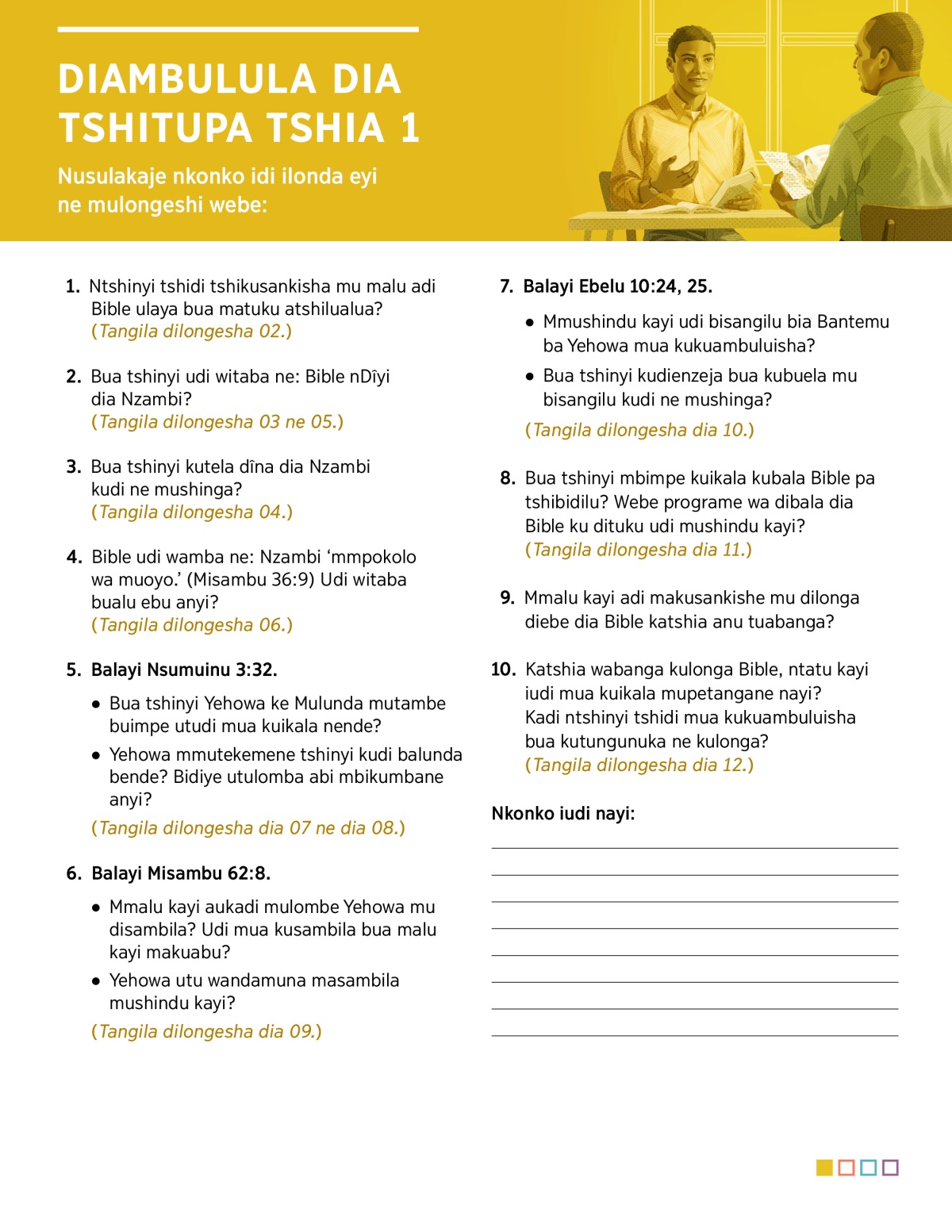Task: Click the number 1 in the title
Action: (x=409, y=129)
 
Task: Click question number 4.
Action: (x=74, y=557)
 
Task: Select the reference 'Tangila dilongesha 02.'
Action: (x=191, y=332)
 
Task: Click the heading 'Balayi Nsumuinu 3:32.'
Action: (x=184, y=670)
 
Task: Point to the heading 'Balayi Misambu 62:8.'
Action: (x=181, y=873)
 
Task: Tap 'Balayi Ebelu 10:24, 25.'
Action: (x=617, y=286)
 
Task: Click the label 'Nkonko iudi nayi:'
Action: (x=563, y=814)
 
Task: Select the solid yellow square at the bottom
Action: (x=824, y=1168)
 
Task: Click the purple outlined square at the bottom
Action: (x=890, y=1168)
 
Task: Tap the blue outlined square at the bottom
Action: (x=868, y=1168)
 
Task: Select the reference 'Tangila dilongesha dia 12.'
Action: (x=639, y=765)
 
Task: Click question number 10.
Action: (x=503, y=670)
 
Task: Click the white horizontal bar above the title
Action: (x=238, y=29)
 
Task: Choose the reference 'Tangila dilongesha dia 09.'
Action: (x=206, y=1032)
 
